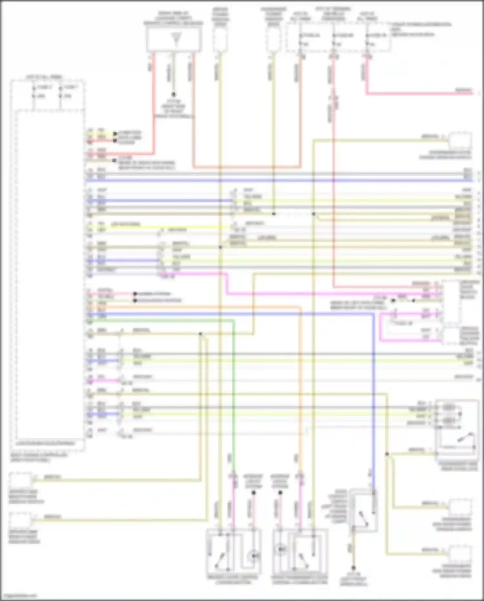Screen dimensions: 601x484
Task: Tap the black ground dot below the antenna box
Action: (x=174, y=95)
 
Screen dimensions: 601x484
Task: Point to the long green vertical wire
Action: (x=233, y=388)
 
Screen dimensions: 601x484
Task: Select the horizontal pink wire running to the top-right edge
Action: (x=419, y=94)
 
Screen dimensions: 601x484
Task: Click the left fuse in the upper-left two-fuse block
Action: (x=34, y=92)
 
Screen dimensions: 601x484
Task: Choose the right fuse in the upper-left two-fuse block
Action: (x=60, y=92)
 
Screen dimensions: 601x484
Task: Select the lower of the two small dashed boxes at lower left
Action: (x=20, y=521)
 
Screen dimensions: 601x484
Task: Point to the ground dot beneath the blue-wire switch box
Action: (x=354, y=568)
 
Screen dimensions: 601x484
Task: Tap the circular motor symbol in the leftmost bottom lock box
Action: (x=254, y=556)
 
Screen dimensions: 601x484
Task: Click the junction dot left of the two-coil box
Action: (x=387, y=454)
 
